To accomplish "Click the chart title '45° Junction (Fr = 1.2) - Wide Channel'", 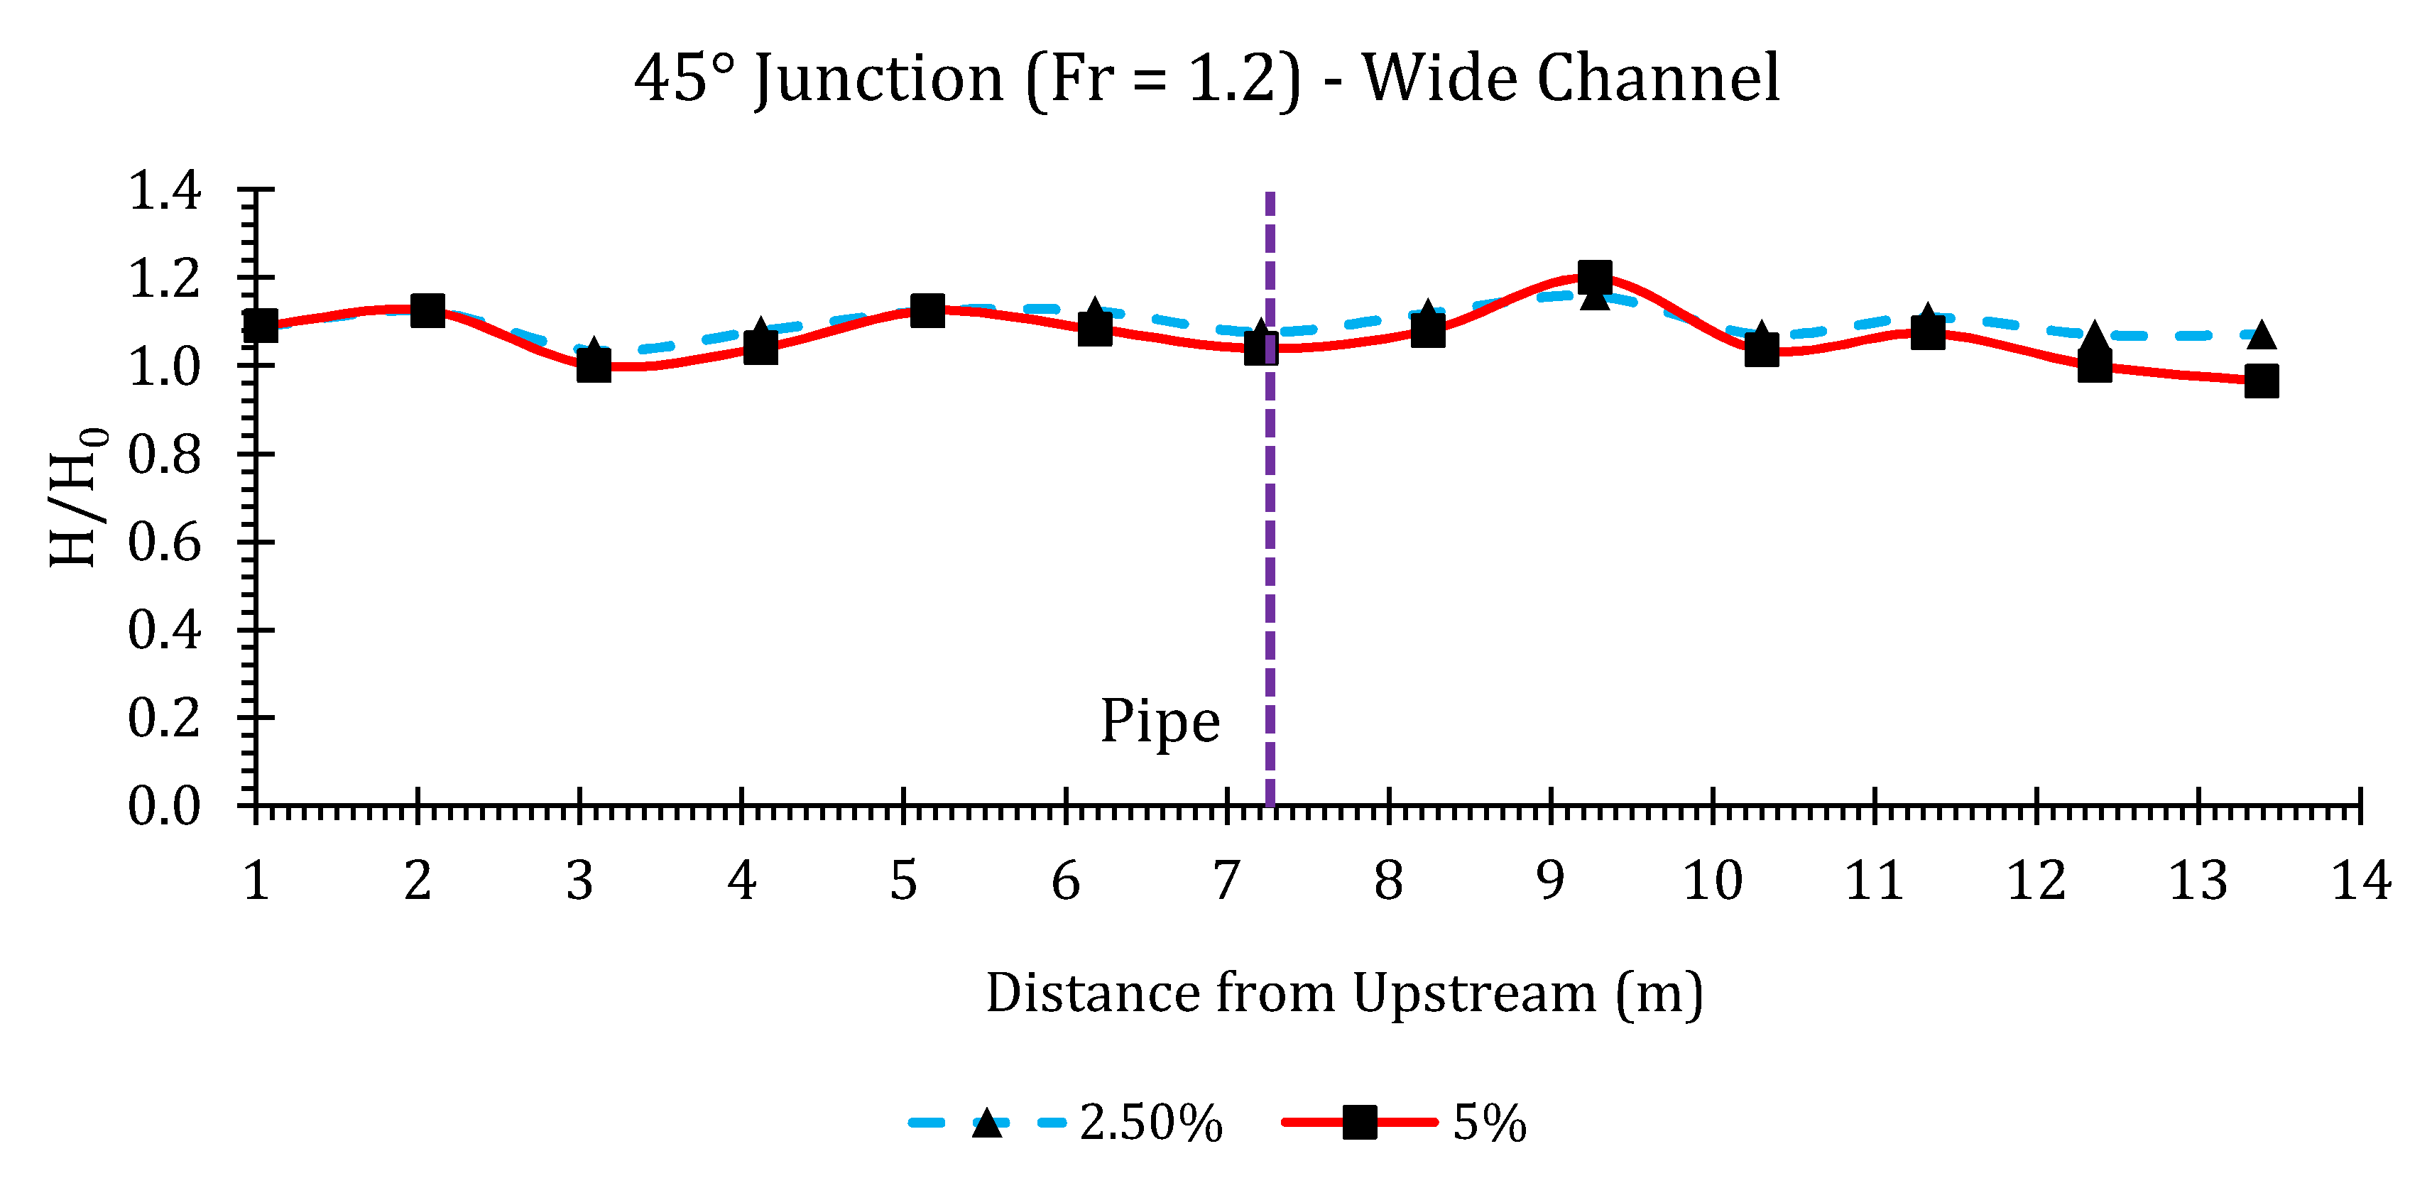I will (1206, 80).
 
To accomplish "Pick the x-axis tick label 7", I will (1226, 881).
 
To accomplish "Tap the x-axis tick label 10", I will (1712, 881).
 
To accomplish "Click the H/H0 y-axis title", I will (77, 498).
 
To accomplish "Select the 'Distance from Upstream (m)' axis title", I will (1344, 994).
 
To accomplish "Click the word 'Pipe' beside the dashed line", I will (1160, 722).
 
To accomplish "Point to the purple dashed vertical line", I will (1270, 567).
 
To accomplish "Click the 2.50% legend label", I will (1151, 1123).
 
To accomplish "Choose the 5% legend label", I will (1489, 1123).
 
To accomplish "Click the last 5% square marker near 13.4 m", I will (2261, 381).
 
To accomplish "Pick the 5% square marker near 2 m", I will (427, 310).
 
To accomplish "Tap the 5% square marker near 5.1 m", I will (927, 310).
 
